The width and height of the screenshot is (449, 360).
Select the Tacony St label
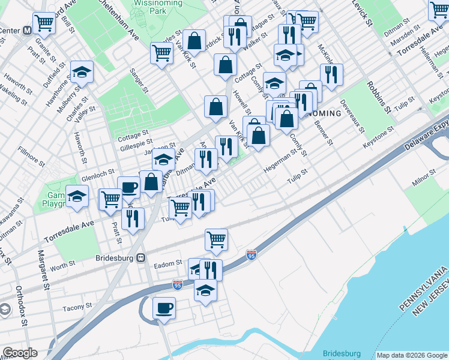[x=77, y=307]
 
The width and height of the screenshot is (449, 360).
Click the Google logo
[x=19, y=353]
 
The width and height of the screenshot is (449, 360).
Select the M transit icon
[x=28, y=29]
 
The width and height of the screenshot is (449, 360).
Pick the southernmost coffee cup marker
[x=163, y=308]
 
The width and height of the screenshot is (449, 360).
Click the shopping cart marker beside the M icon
[x=44, y=23]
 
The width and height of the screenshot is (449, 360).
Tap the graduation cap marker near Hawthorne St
[x=82, y=73]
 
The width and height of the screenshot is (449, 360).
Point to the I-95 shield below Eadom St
[x=178, y=284]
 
